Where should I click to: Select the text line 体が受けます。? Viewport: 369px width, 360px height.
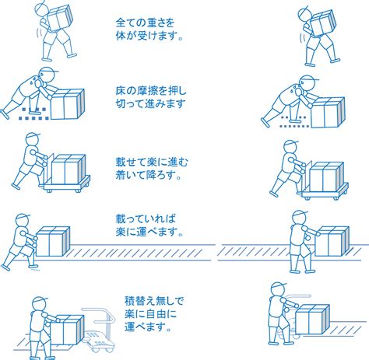149,36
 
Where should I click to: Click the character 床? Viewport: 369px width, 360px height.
121,91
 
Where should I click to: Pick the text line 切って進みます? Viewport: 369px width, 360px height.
151,103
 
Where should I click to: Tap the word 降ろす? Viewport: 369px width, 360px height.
159,175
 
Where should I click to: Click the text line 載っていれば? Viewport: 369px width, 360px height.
146,219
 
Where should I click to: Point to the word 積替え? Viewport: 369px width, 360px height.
140,301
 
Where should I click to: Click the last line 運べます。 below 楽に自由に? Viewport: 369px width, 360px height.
148,327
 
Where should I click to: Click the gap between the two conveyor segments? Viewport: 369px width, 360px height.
216,252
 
